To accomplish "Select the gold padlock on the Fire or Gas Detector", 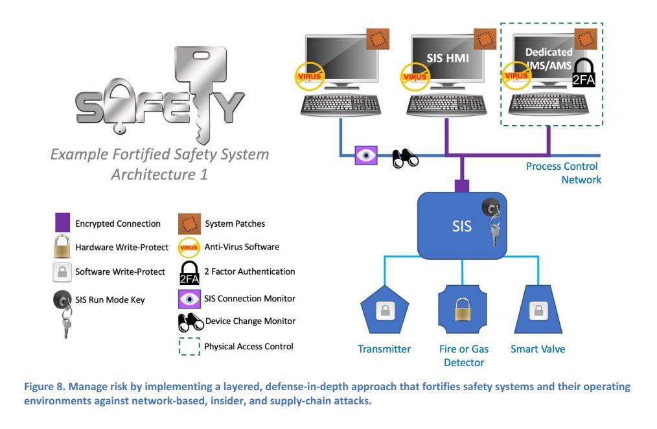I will tap(462, 310).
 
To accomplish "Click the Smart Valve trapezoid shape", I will tap(538, 311).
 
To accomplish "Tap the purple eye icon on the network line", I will tap(367, 156).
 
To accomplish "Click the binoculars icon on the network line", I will tap(406, 158).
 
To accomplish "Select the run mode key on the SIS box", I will tap(493, 220).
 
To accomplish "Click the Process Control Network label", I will tap(562, 173).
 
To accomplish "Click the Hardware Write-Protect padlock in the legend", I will tap(62, 247).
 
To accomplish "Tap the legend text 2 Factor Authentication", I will tap(250, 272).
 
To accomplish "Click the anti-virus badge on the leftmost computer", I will tap(308, 76).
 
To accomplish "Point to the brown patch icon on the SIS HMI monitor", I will tap(485, 40).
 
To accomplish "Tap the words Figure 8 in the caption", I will tap(44, 387).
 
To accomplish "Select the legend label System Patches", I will tap(235, 224).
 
